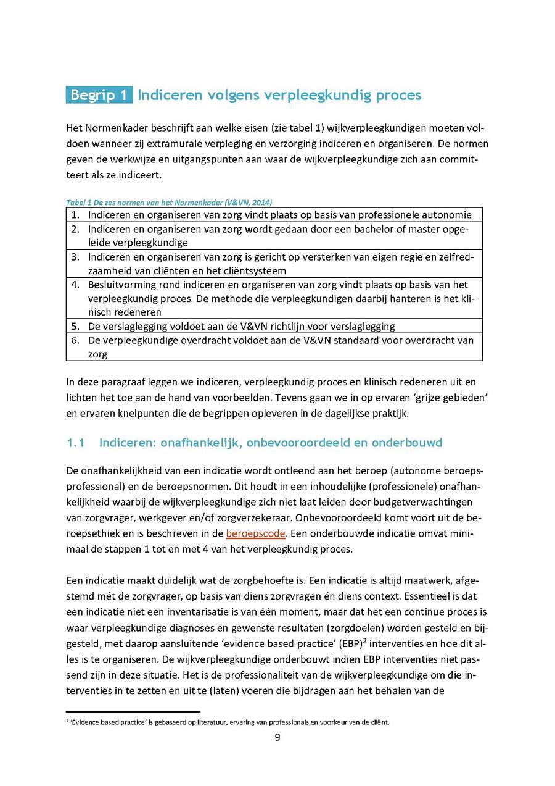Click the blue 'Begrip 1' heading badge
click(x=99, y=95)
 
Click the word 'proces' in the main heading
click(x=399, y=95)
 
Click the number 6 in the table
click(x=75, y=340)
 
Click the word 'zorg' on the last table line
click(x=97, y=354)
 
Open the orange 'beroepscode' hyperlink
click(x=251, y=533)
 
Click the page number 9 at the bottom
click(x=277, y=737)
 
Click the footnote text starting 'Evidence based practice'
click(x=228, y=722)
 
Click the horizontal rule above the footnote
click(x=133, y=711)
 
